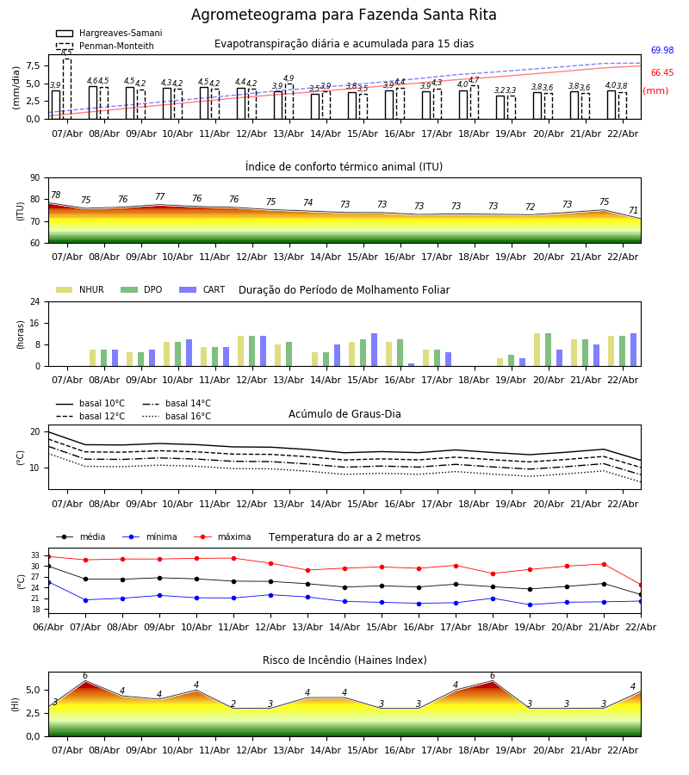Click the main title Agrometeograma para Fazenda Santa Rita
coord(344,15)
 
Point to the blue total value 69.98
coord(662,51)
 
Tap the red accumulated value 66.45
coord(662,73)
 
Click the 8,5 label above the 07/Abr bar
coord(66,53)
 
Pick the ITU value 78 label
coord(55,195)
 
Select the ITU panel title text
coord(344,167)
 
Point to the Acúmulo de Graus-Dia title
coord(344,414)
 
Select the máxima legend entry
coord(233,537)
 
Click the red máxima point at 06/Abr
coord(48,556)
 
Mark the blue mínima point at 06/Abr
coord(48,582)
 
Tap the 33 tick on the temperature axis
coord(35,555)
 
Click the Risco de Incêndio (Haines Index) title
coord(344,660)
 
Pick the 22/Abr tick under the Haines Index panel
coord(622,750)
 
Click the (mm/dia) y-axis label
coord(16,87)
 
